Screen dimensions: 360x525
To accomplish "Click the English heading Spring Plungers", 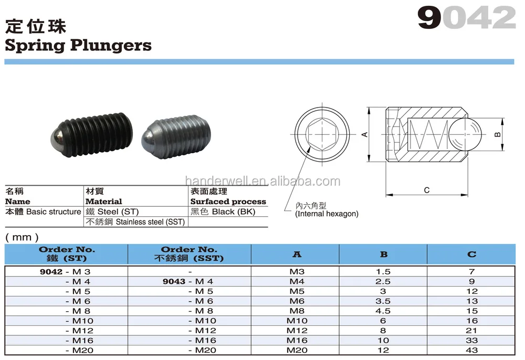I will click(78, 45).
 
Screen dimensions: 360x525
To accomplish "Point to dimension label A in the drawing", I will click(365, 134).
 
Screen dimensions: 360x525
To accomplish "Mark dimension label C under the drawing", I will click(426, 190).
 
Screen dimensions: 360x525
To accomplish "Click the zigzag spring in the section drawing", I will click(428, 134).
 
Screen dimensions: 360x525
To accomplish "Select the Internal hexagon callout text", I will click(327, 214).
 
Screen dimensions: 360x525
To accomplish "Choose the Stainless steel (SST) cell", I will click(135, 222).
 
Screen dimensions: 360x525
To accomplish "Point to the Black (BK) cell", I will click(223, 211).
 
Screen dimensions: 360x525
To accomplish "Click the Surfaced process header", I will click(228, 202).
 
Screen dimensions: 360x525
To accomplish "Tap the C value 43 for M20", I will click(471, 350).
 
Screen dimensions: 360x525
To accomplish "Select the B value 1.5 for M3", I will click(384, 272).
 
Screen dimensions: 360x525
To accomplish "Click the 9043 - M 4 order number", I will click(190, 281).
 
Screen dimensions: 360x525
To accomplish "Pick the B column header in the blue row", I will click(384, 255).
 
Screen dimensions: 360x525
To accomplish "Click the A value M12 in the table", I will click(297, 330).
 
